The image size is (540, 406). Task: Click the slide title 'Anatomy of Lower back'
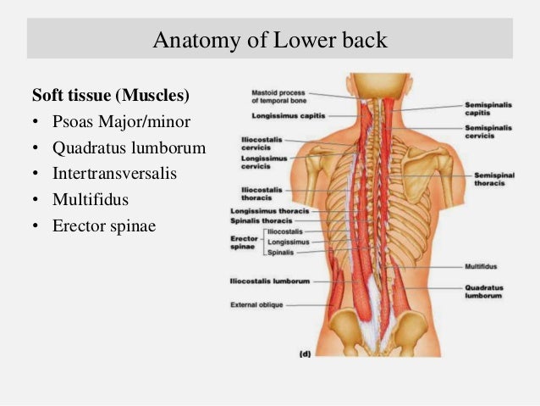coord(269,39)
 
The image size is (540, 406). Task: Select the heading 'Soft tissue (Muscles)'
coord(110,92)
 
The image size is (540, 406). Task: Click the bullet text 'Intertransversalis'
coord(113,175)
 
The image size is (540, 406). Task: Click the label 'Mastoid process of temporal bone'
coord(278,96)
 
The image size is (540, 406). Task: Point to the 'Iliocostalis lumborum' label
coord(269,281)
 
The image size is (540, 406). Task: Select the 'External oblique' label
coord(256,303)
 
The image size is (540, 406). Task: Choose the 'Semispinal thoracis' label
coord(484,179)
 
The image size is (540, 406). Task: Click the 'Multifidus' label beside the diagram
coord(481,265)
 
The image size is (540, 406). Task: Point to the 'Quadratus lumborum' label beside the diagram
coord(483,292)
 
